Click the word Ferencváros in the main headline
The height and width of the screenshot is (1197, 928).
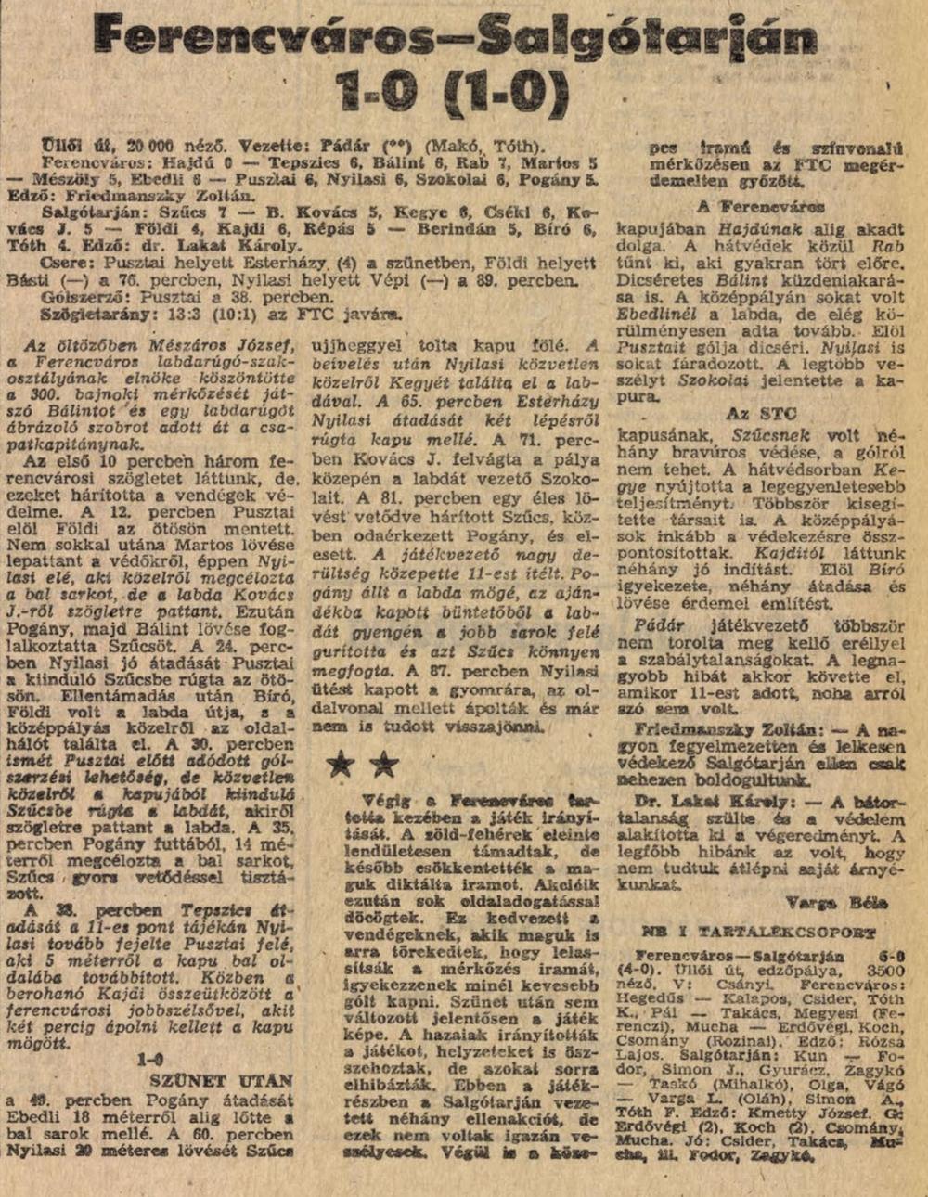click(x=275, y=38)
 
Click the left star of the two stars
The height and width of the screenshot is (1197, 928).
click(x=342, y=766)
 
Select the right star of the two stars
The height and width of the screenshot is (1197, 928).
click(x=384, y=766)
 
